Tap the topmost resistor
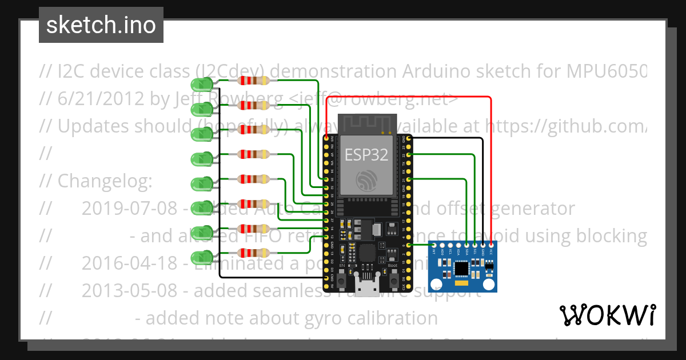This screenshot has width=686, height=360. click(254, 81)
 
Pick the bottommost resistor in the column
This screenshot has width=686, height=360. click(254, 252)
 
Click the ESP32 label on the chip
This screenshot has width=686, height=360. click(366, 154)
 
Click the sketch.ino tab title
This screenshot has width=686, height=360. click(101, 25)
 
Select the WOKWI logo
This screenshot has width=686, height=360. click(607, 315)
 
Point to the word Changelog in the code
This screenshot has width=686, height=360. click(105, 181)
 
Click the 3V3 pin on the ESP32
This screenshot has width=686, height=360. click(327, 138)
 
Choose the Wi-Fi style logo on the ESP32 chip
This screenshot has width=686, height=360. click(366, 180)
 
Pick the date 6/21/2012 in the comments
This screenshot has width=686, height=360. click(101, 99)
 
